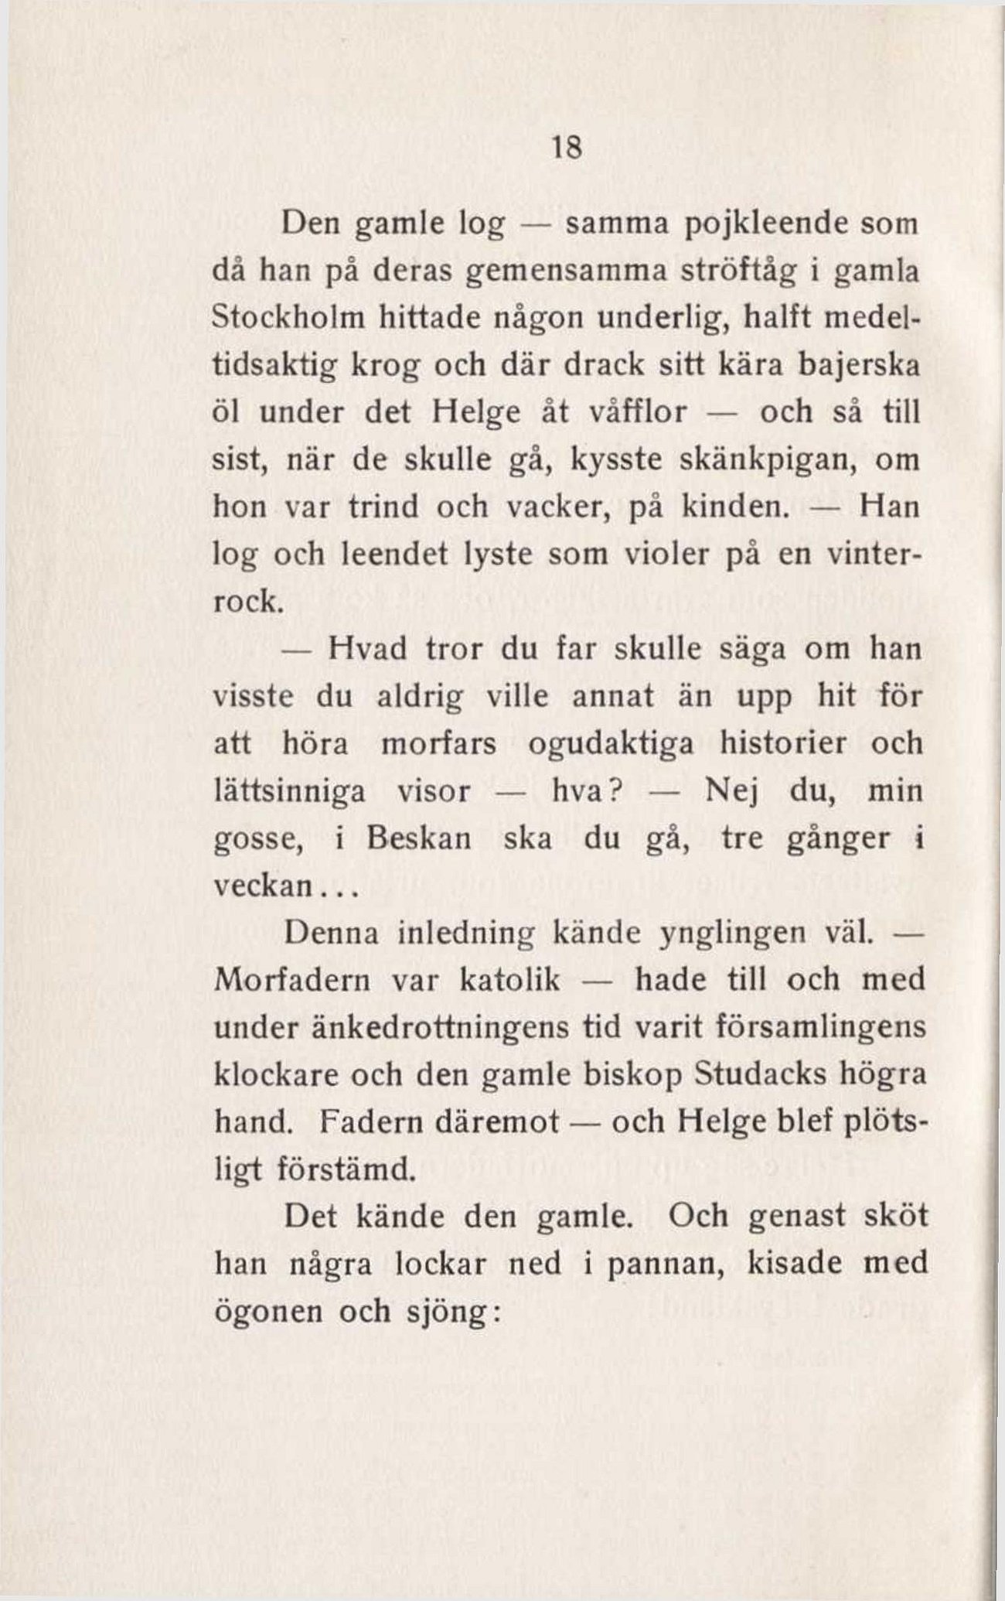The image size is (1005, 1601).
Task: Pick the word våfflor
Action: [x=639, y=411]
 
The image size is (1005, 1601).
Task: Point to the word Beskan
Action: [x=419, y=839]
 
